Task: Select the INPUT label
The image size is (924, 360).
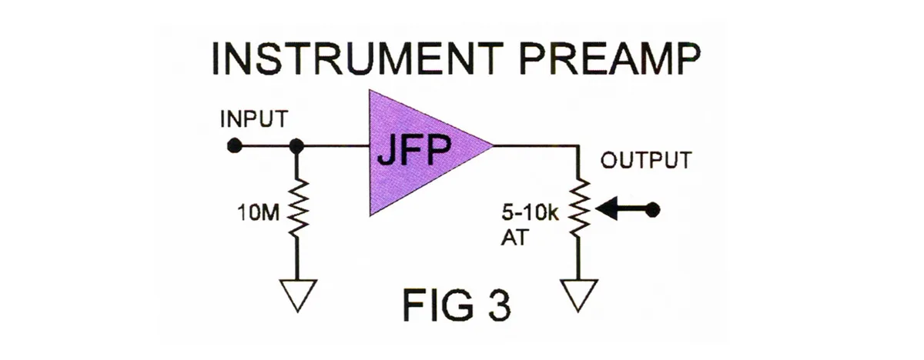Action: click(x=254, y=121)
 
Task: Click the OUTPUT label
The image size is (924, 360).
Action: click(x=645, y=162)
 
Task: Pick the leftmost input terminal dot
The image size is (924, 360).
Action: click(x=236, y=145)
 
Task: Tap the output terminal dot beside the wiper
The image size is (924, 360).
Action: click(x=654, y=209)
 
